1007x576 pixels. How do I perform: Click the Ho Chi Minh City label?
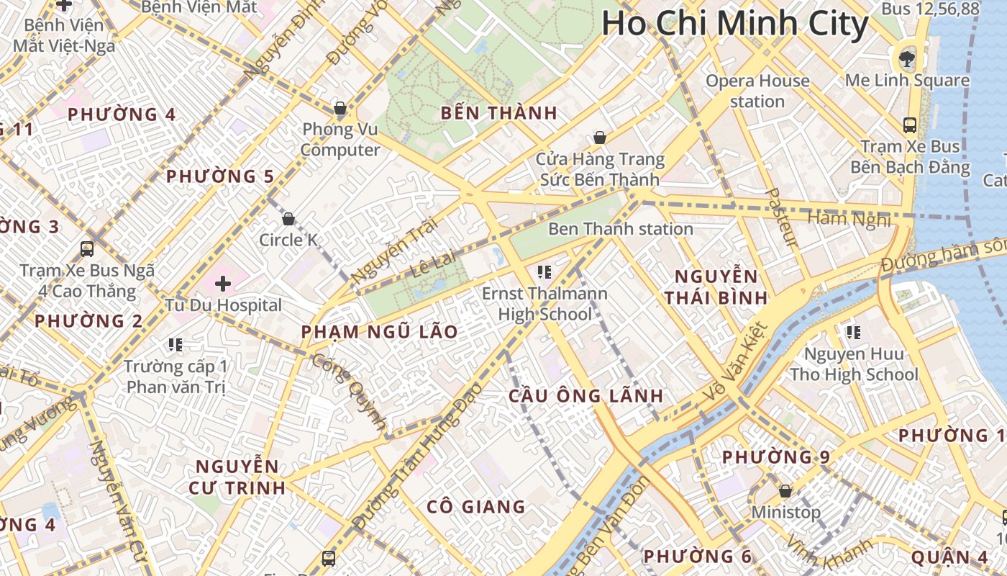tap(735, 23)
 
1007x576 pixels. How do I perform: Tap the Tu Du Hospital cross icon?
tap(223, 284)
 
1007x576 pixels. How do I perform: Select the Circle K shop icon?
tap(288, 219)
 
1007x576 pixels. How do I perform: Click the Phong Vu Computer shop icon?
tap(340, 109)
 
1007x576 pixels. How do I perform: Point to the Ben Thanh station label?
tap(620, 229)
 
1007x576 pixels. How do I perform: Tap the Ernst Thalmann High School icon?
tap(544, 272)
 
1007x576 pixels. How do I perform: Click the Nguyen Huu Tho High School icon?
tap(854, 333)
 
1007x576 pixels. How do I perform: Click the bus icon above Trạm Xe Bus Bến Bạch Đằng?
tap(910, 125)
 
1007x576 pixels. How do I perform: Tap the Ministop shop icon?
tap(785, 491)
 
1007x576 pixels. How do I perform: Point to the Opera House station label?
tap(757, 91)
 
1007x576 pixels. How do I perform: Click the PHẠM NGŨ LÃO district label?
tap(379, 332)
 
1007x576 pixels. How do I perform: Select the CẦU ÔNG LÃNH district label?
tap(585, 396)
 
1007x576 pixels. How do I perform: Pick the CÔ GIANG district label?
tap(475, 507)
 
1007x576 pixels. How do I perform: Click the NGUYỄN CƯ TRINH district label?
tap(237, 477)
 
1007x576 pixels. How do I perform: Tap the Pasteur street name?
tap(780, 217)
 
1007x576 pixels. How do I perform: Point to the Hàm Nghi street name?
tap(849, 218)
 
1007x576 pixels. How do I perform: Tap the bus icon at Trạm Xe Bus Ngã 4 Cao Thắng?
tap(87, 249)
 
